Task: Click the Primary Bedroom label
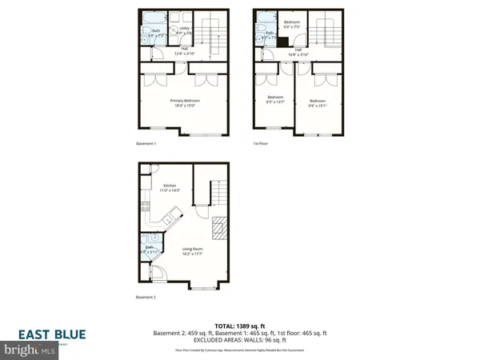tap(182, 99)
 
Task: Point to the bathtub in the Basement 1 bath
tap(148, 18)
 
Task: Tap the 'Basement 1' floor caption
tap(145, 144)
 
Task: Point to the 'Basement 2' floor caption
tap(145, 302)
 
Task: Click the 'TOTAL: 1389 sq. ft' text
tap(240, 326)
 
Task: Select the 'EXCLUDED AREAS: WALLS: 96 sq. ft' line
tap(240, 340)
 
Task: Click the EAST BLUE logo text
tap(54, 335)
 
